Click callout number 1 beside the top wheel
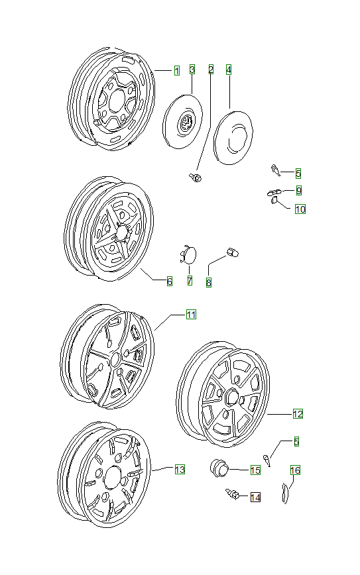pyautogui.click(x=176, y=70)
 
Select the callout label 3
pyautogui.click(x=192, y=69)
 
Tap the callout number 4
pyautogui.click(x=229, y=69)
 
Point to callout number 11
pyautogui.click(x=190, y=315)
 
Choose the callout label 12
pyautogui.click(x=298, y=413)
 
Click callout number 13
pyautogui.click(x=179, y=469)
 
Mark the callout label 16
pyautogui.click(x=295, y=470)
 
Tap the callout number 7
pyautogui.click(x=190, y=281)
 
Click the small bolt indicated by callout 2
pyautogui.click(x=196, y=177)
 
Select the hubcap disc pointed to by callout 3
pyautogui.click(x=184, y=122)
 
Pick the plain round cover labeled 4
pyautogui.click(x=233, y=136)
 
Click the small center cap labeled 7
pyautogui.click(x=188, y=255)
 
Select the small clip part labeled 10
pyautogui.click(x=273, y=202)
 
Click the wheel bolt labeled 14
pyautogui.click(x=233, y=494)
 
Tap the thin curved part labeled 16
pyautogui.click(x=286, y=494)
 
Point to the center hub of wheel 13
pyautogui.click(x=112, y=476)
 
